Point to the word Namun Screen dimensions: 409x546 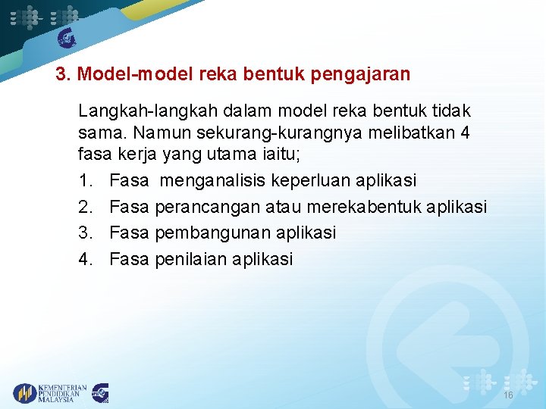[157, 133]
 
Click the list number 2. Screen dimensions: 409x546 [86, 208]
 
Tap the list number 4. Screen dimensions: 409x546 [86, 259]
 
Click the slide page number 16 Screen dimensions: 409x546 [507, 396]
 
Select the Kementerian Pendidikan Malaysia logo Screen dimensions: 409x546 [50, 393]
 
